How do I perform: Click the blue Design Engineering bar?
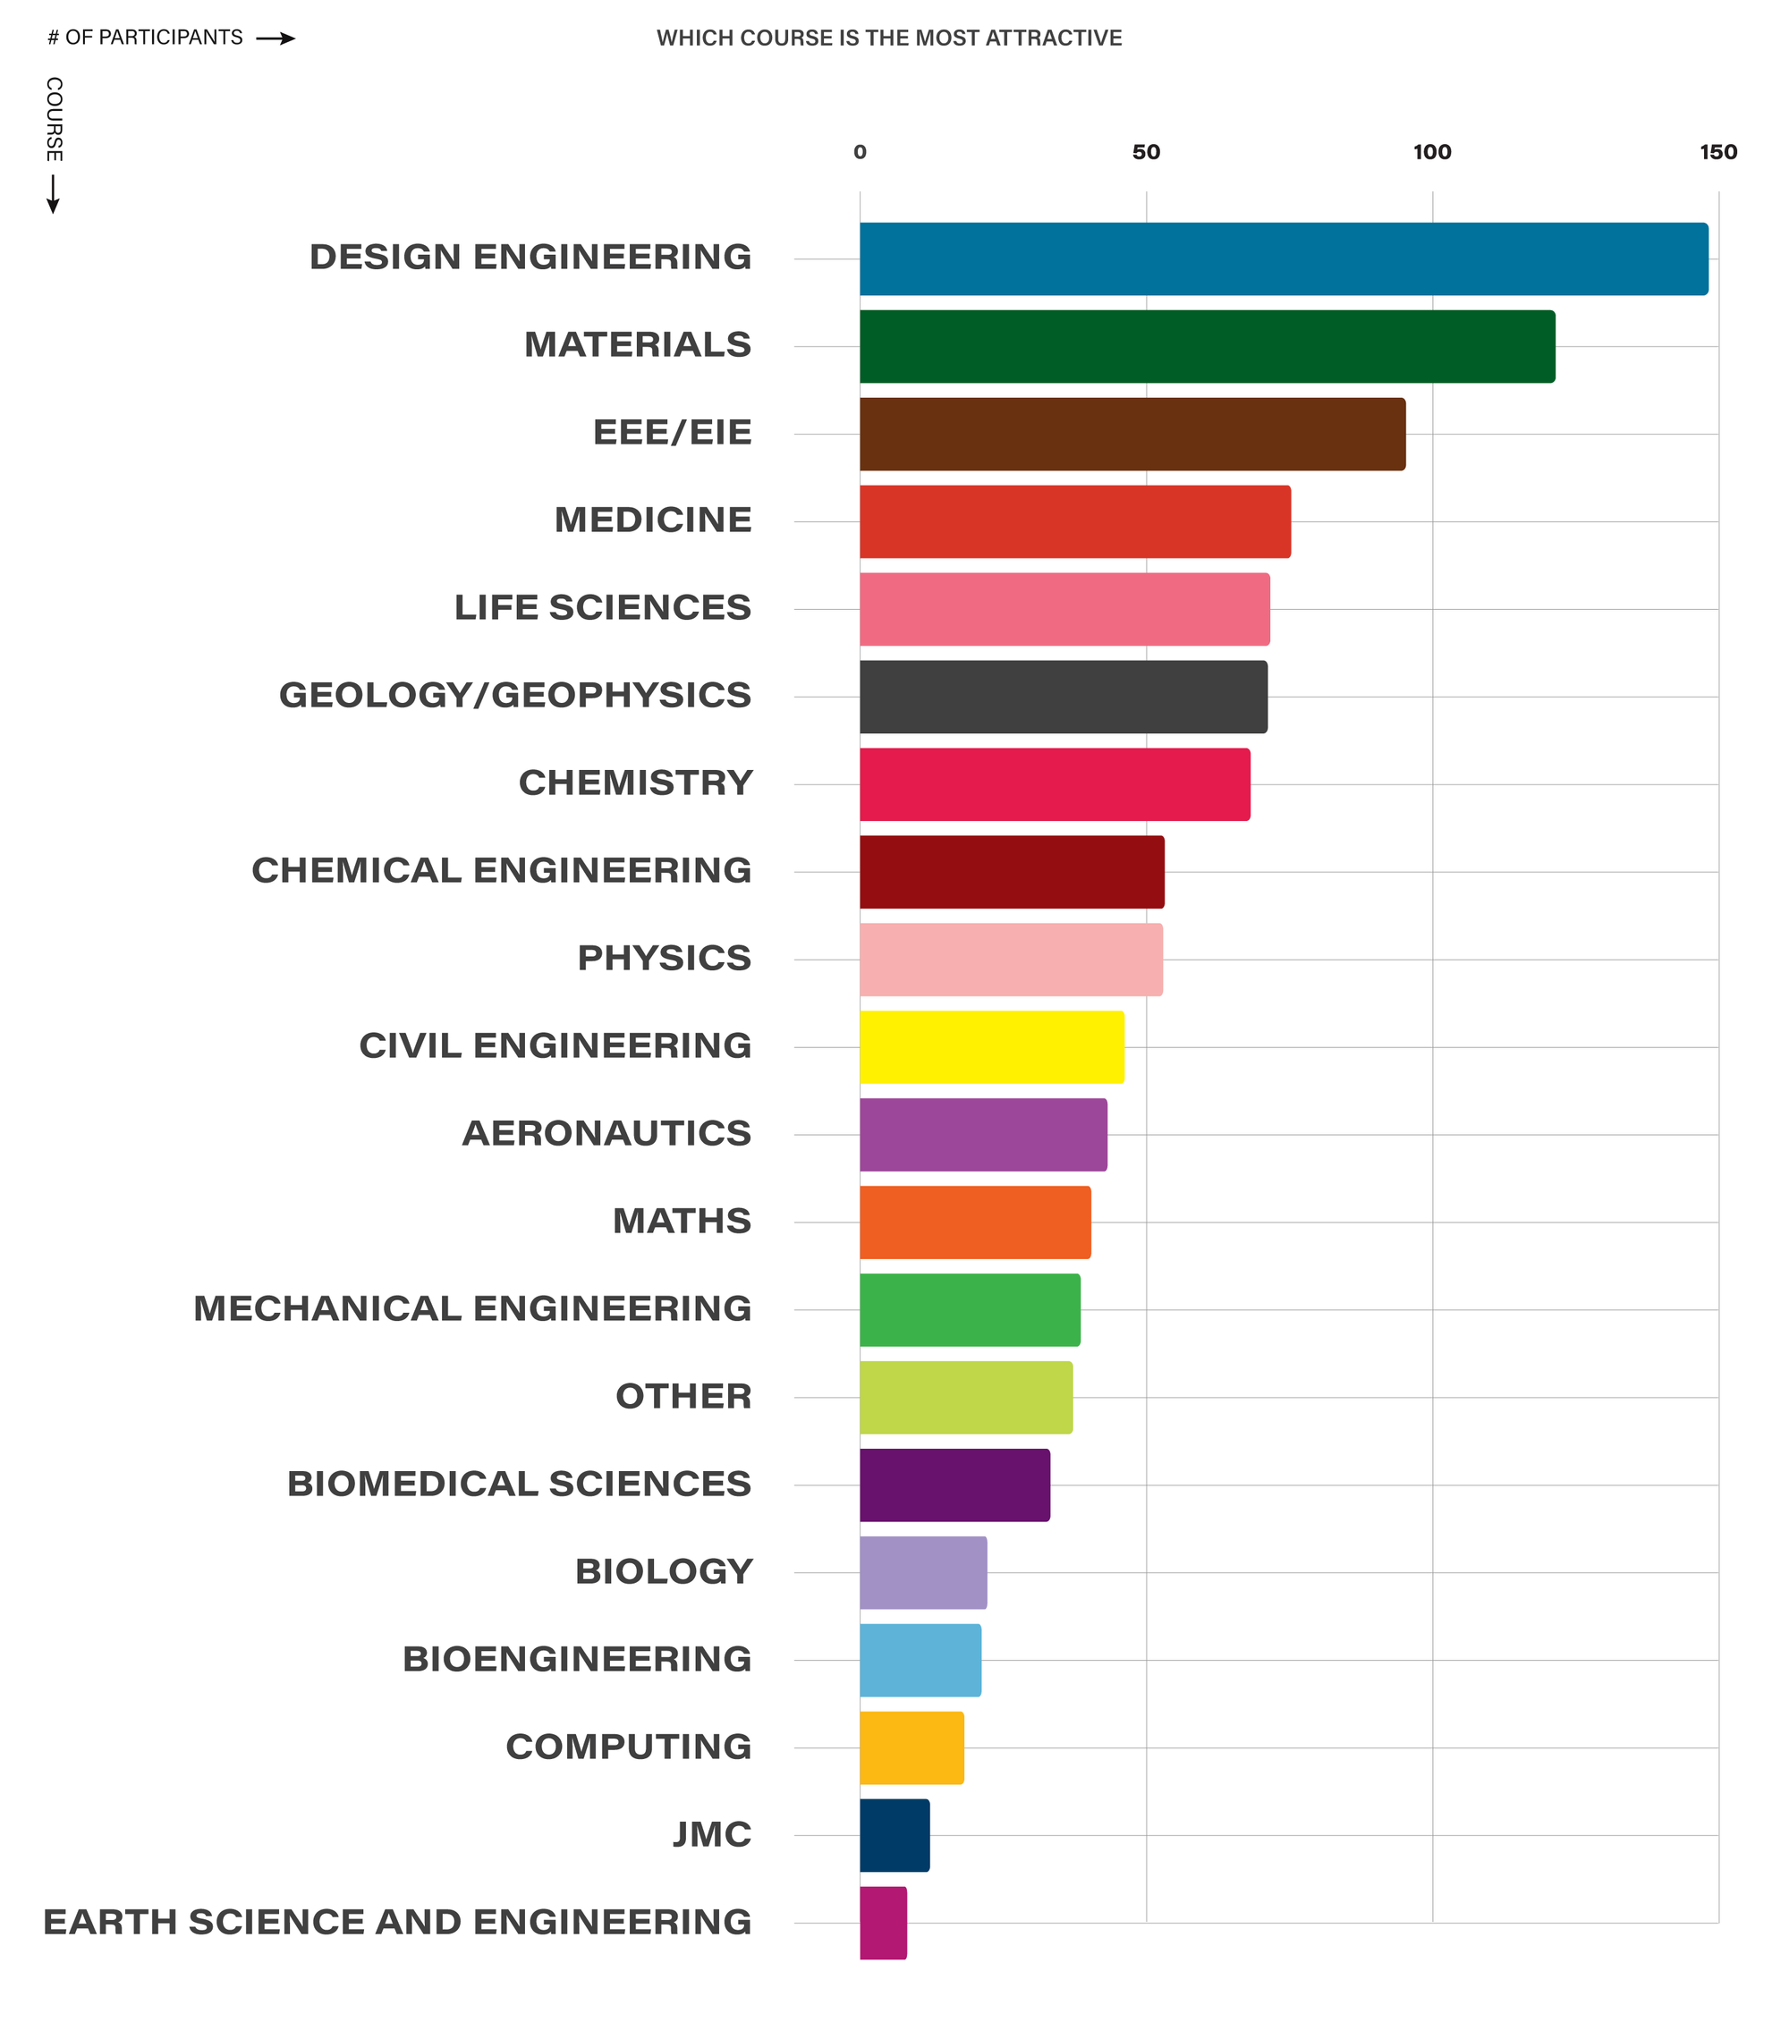tap(1284, 259)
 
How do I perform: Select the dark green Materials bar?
tap(1208, 346)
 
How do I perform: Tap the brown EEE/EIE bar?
tap(1132, 435)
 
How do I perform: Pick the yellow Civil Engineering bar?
tap(991, 1046)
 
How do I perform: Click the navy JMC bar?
tap(894, 1835)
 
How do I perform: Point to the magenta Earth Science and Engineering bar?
tap(883, 1922)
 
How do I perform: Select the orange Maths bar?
tap(975, 1222)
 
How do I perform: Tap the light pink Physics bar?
tap(1010, 960)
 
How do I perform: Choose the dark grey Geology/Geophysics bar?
tap(1063, 697)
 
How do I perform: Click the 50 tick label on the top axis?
tap(1146, 152)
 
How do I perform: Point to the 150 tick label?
tap(1717, 152)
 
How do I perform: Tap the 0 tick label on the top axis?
tap(860, 152)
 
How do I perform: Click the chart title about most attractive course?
tap(888, 38)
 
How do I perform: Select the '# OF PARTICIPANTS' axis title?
tap(146, 38)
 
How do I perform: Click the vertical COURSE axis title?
tap(55, 119)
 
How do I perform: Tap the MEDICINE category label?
tap(652, 520)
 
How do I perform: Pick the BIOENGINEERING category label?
tap(576, 1659)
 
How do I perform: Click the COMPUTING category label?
tap(628, 1746)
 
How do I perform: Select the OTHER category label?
tap(683, 1396)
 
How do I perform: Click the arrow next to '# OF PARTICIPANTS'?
tap(276, 38)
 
